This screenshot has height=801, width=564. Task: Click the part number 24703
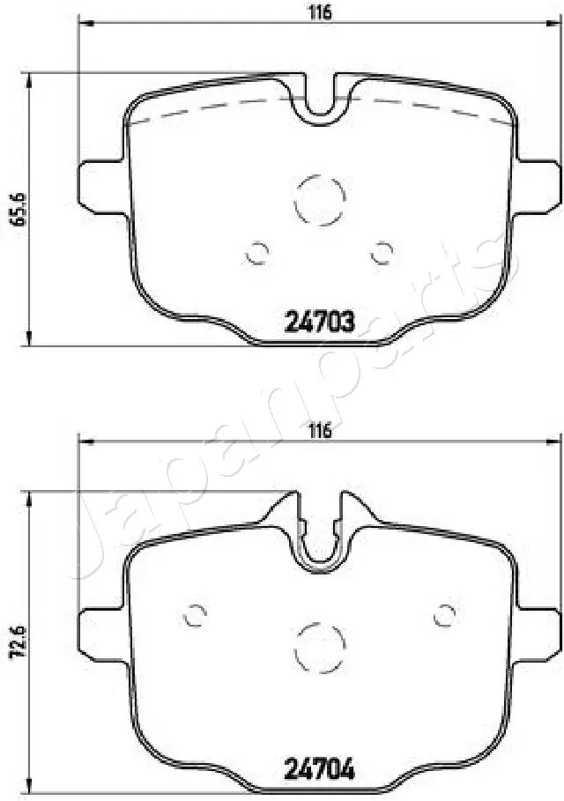pyautogui.click(x=319, y=322)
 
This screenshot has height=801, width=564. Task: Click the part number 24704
pyautogui.click(x=319, y=768)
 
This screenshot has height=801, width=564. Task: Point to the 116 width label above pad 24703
pyautogui.click(x=320, y=11)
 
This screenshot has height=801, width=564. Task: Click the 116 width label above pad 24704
pyautogui.click(x=320, y=430)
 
